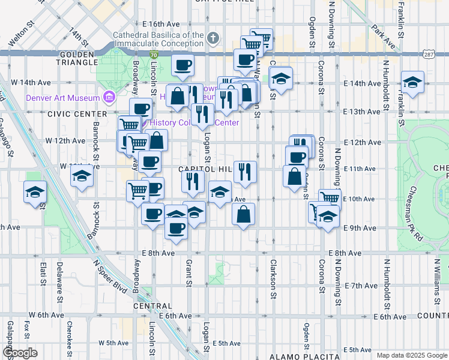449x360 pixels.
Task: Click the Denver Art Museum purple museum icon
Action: pyautogui.click(x=109, y=97)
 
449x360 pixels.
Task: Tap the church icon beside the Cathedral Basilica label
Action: pyautogui.click(x=212, y=39)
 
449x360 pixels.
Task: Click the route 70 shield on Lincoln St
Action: pyautogui.click(x=155, y=55)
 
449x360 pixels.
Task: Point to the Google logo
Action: pyautogui.click(x=20, y=353)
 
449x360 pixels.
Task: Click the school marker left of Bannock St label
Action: pyautogui.click(x=82, y=177)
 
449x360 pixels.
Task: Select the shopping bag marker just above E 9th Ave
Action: pyautogui.click(x=243, y=214)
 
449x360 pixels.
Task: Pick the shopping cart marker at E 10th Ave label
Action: pyautogui.click(x=330, y=197)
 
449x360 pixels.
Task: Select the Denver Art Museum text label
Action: pyautogui.click(x=62, y=98)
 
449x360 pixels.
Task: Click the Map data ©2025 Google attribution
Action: pyautogui.click(x=412, y=355)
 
